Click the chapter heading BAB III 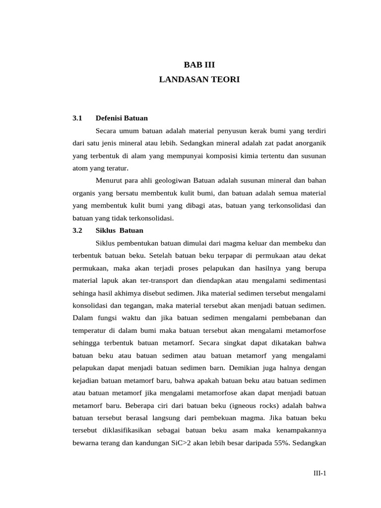(x=199, y=64)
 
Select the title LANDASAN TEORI (x=199, y=79)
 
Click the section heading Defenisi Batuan (x=122, y=118)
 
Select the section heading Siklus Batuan (x=120, y=230)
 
